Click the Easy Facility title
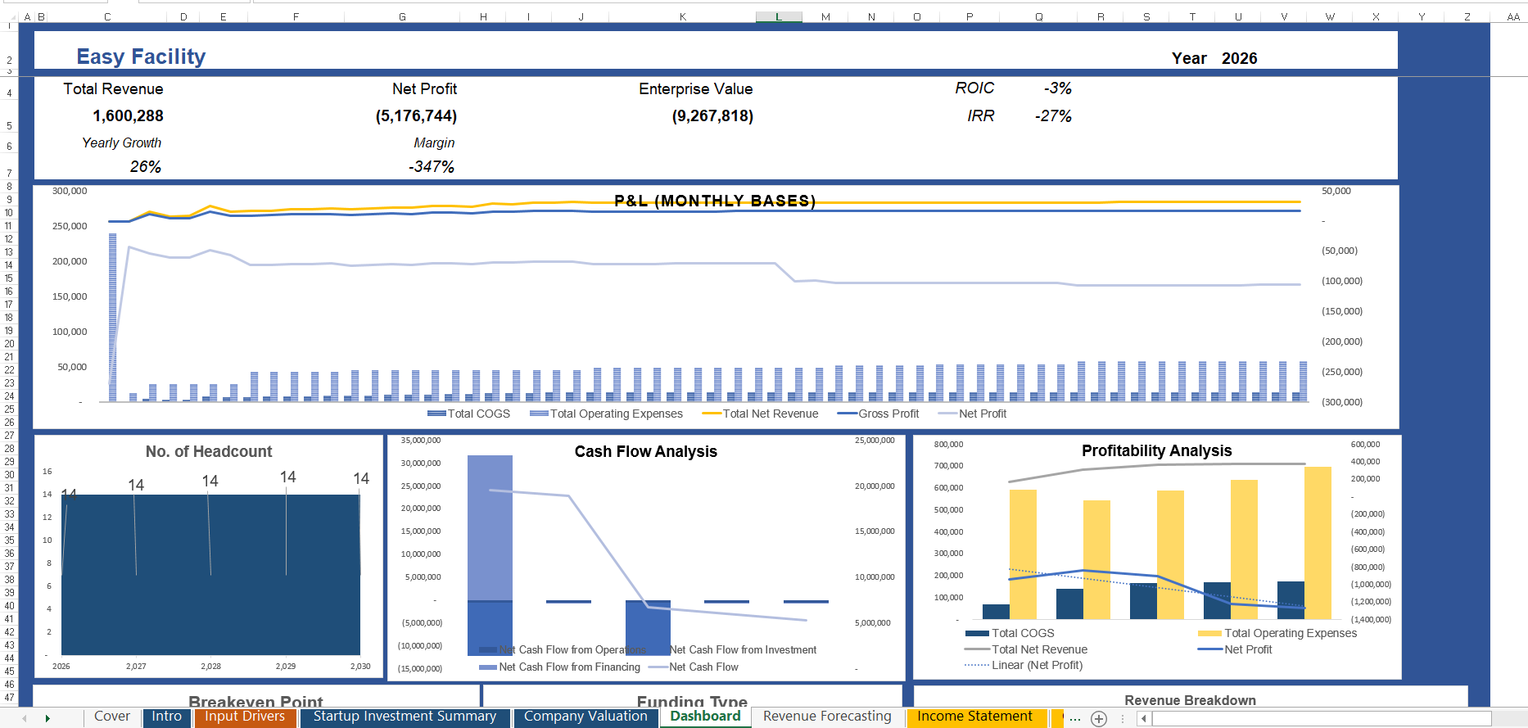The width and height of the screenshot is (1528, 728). [x=141, y=57]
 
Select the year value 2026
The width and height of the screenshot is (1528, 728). [x=1239, y=58]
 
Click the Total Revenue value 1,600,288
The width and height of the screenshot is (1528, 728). [x=128, y=115]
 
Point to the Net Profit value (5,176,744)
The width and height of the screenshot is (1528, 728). [x=416, y=115]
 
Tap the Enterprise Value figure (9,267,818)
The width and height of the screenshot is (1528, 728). [x=712, y=115]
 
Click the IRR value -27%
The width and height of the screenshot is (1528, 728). [x=1053, y=115]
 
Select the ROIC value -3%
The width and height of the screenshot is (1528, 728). [x=1057, y=88]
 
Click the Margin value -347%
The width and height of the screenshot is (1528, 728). [x=432, y=166]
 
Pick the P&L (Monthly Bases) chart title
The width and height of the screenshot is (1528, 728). [x=714, y=201]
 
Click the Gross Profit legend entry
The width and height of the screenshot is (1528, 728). [x=888, y=414]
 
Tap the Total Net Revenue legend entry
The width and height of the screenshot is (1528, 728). [x=770, y=414]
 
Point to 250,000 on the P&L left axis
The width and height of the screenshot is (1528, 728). [x=70, y=226]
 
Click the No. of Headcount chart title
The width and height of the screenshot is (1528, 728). [x=209, y=451]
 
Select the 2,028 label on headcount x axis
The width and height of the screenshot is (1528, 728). [x=210, y=666]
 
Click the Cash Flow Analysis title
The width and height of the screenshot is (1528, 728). [x=645, y=451]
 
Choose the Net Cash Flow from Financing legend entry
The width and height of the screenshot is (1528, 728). [x=568, y=667]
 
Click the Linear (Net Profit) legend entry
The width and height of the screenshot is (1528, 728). [x=1036, y=665]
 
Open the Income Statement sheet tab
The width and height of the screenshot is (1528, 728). [x=974, y=717]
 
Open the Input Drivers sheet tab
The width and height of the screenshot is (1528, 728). [x=244, y=717]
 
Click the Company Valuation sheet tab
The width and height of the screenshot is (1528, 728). [x=585, y=717]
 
